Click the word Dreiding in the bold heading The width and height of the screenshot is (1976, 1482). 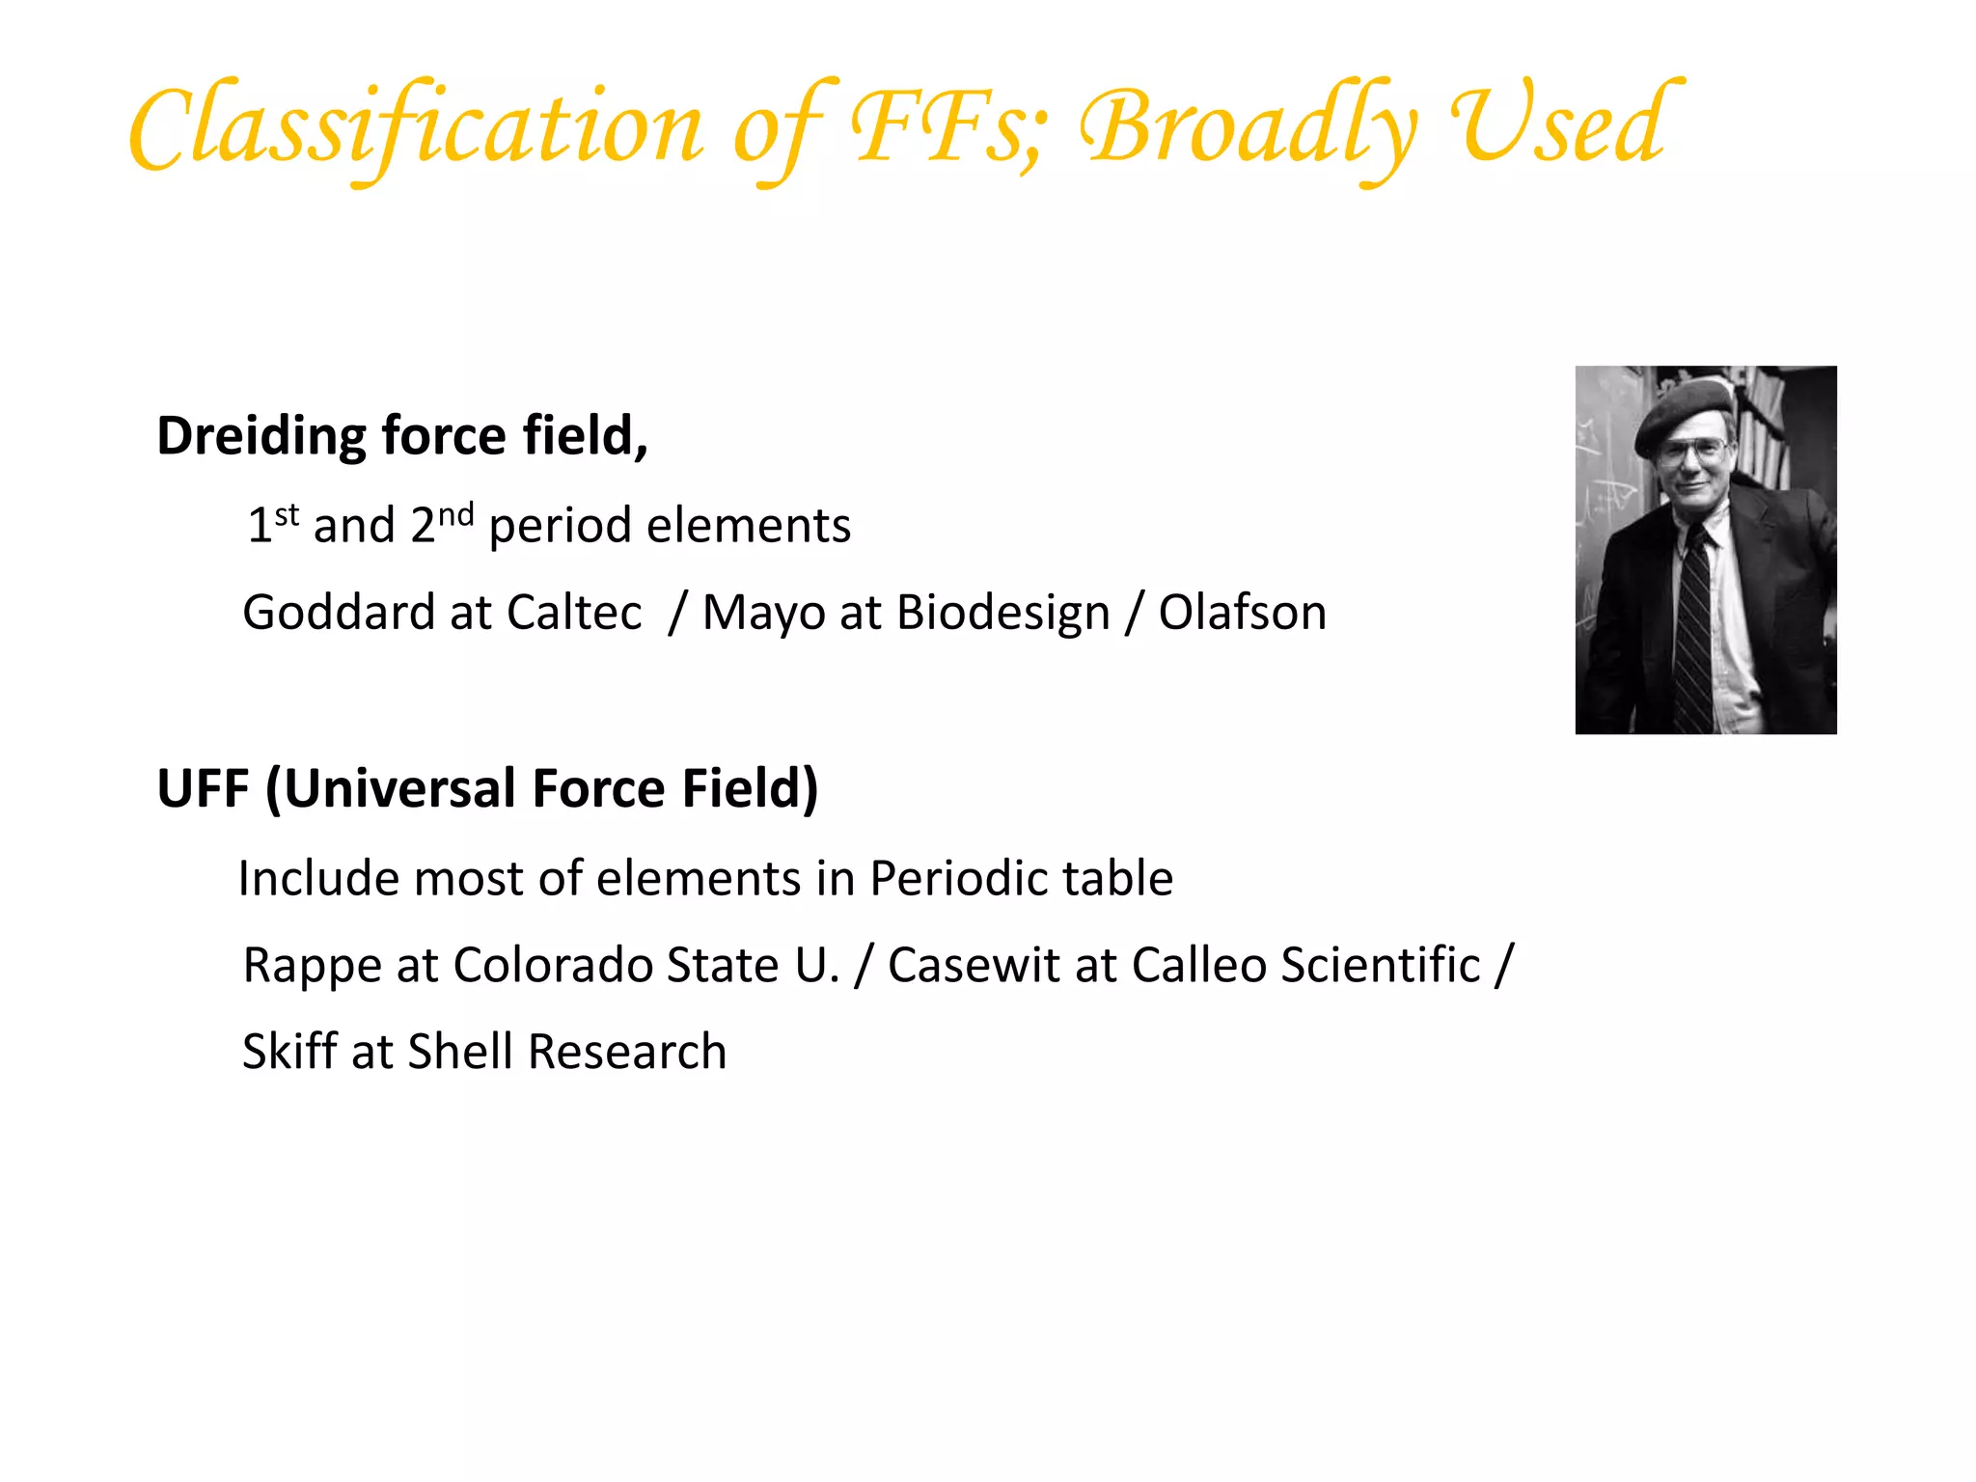pyautogui.click(x=261, y=436)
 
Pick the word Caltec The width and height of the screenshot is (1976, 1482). pyautogui.click(x=574, y=612)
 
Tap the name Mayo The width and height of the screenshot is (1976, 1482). pyautogui.click(x=762, y=614)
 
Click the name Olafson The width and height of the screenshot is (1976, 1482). pyautogui.click(x=1242, y=612)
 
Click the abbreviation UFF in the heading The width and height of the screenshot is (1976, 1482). pyautogui.click(x=204, y=788)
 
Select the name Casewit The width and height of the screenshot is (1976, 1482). pyautogui.click(x=974, y=965)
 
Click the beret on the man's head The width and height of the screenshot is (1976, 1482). pyautogui.click(x=1684, y=409)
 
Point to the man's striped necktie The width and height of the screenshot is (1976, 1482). pyautogui.click(x=1694, y=627)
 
